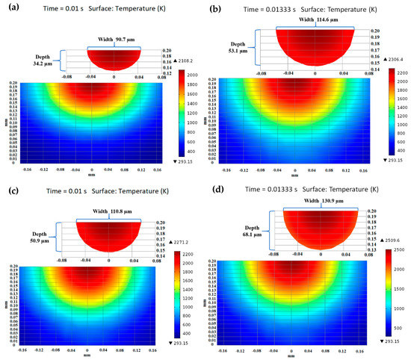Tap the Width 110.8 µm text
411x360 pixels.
pyautogui.click(x=110, y=215)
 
